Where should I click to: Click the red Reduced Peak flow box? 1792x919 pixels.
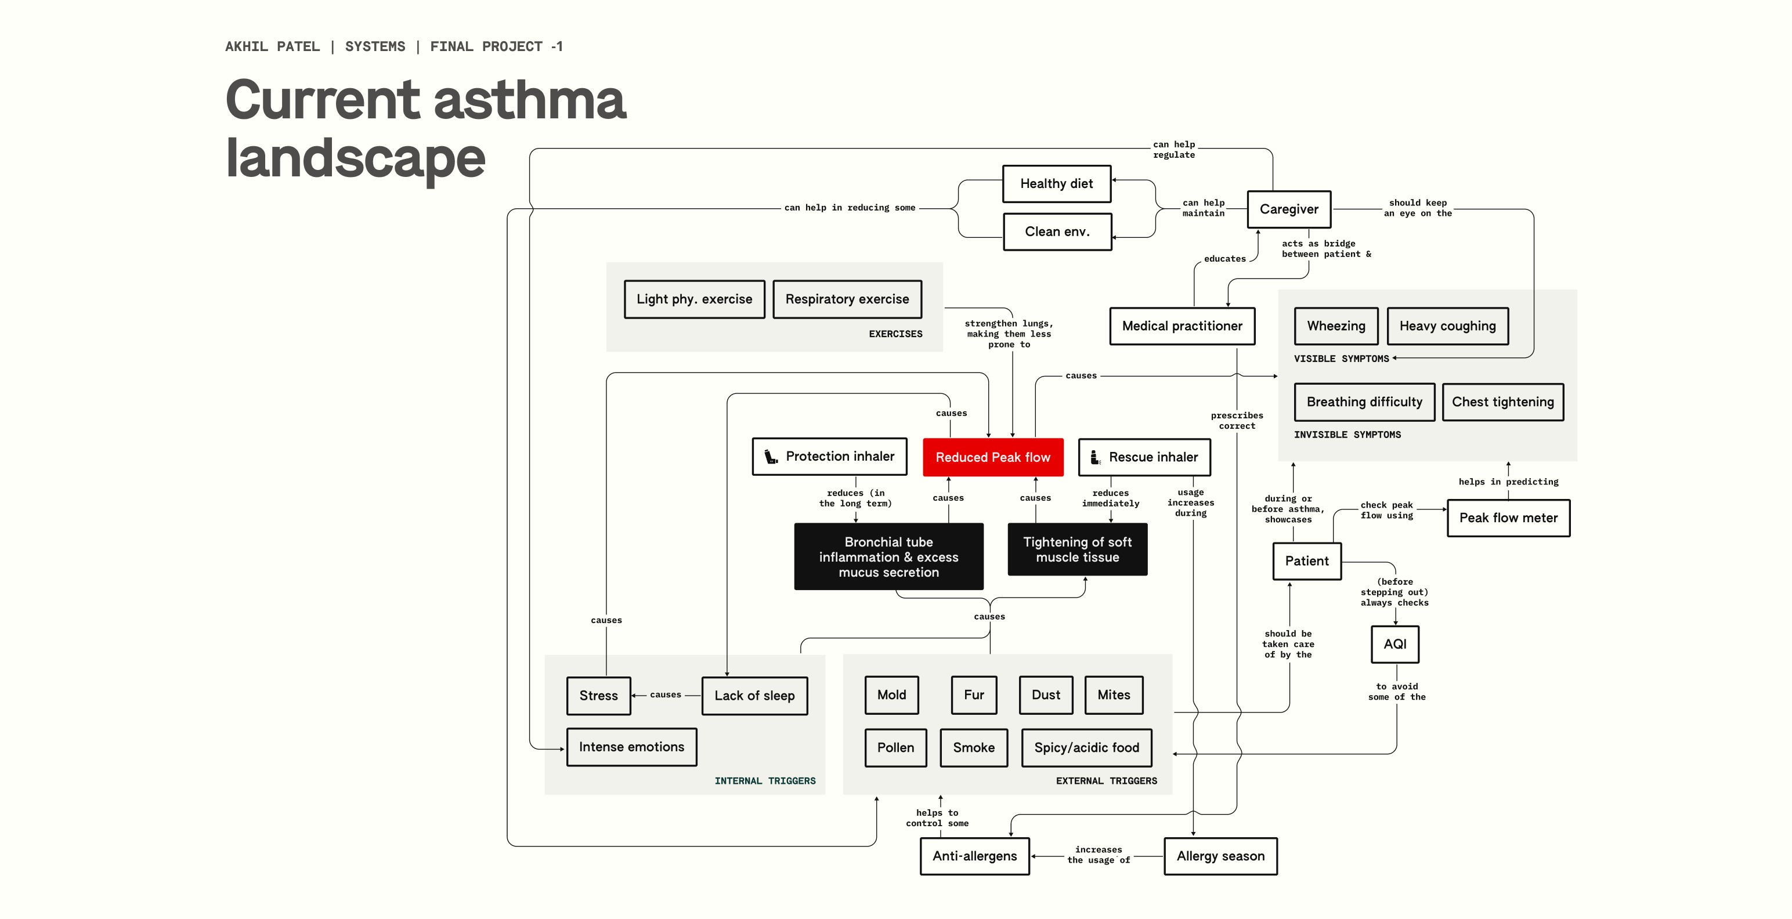point(993,457)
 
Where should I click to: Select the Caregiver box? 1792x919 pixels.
point(1288,209)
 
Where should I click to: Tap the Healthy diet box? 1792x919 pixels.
point(1056,184)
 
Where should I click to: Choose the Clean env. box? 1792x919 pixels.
point(1057,231)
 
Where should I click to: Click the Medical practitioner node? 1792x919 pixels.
point(1182,326)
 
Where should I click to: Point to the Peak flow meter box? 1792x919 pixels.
point(1508,518)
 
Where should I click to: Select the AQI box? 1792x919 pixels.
point(1395,644)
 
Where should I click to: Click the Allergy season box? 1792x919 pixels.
point(1220,856)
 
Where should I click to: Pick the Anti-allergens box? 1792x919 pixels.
point(974,856)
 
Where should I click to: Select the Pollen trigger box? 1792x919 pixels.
point(895,748)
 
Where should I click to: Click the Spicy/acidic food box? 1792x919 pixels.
point(1086,748)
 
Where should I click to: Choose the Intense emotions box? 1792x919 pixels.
point(631,747)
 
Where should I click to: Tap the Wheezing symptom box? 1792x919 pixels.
point(1336,326)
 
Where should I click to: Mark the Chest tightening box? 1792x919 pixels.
point(1502,402)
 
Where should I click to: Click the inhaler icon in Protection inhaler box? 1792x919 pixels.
point(771,457)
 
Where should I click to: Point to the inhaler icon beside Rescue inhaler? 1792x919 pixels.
point(1095,457)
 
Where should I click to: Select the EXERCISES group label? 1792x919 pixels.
point(895,335)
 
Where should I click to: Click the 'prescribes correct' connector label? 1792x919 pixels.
point(1237,421)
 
